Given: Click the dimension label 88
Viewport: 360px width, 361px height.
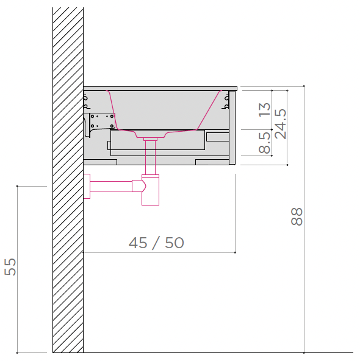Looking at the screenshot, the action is pyautogui.click(x=297, y=216).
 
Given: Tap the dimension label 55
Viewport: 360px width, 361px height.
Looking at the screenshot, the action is pyautogui.click(x=10, y=267).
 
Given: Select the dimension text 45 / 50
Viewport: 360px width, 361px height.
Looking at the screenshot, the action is pyautogui.click(x=156, y=243).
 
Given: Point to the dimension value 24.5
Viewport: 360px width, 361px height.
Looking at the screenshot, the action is pyautogui.click(x=281, y=124).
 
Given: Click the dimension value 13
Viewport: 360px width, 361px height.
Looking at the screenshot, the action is pyautogui.click(x=264, y=109).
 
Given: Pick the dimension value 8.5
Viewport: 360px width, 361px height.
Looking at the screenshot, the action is pyautogui.click(x=264, y=143).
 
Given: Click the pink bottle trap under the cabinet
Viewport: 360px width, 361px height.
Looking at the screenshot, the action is pyautogui.click(x=150, y=190).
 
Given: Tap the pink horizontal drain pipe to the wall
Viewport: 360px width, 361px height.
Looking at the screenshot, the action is pyautogui.click(x=111, y=186).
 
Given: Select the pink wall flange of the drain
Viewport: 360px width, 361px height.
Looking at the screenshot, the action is pyautogui.click(x=87, y=186).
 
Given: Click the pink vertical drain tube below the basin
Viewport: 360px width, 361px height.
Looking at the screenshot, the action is pyautogui.click(x=150, y=157).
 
